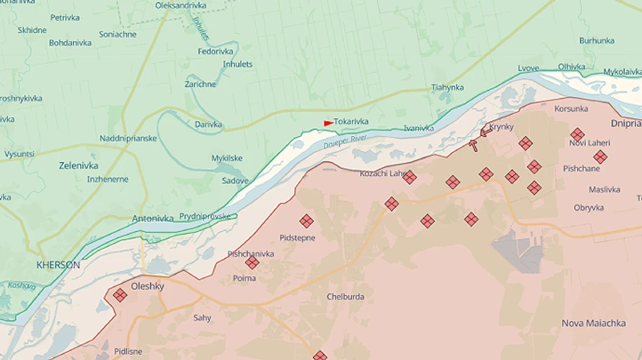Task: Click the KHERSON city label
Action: coord(58,264)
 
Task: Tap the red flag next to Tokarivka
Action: coord(328,123)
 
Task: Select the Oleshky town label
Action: coord(148,287)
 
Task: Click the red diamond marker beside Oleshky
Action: coord(120,294)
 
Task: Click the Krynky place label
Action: coord(501,127)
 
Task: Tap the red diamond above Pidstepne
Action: coord(307,221)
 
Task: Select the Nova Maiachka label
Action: coord(593,323)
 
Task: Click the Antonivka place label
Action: coord(153,219)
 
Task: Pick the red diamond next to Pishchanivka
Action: coord(252,262)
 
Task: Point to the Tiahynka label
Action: coord(447,88)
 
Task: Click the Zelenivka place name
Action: coord(78,165)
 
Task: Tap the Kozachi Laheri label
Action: coord(382,173)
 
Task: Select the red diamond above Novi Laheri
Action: coord(577,134)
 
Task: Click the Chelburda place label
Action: coord(345,297)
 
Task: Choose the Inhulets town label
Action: coord(238,64)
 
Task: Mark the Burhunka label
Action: coord(596,41)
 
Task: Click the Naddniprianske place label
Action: coord(128,138)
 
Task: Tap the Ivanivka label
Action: coord(418,128)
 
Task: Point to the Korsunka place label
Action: coord(571,109)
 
